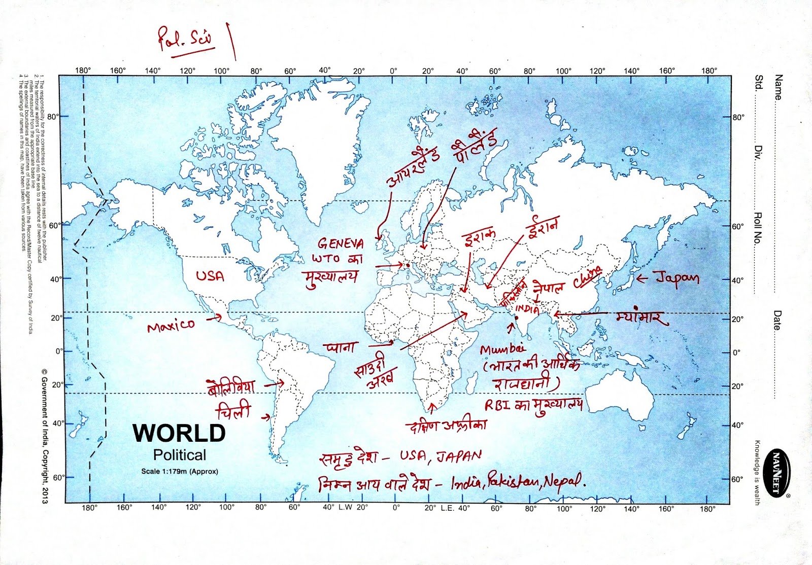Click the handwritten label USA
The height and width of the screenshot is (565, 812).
click(210, 276)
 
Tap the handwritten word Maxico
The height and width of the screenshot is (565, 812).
click(171, 325)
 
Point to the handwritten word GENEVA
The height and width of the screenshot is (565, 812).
click(341, 243)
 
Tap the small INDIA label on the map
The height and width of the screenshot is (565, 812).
click(527, 309)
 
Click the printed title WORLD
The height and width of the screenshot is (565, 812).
click(179, 433)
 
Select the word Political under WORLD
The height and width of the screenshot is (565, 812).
click(180, 455)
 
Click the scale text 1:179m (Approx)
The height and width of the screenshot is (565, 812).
click(180, 471)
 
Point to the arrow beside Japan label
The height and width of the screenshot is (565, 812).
click(642, 278)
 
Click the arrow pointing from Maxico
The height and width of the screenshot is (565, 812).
click(215, 319)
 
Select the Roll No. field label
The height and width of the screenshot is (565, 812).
click(758, 228)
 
